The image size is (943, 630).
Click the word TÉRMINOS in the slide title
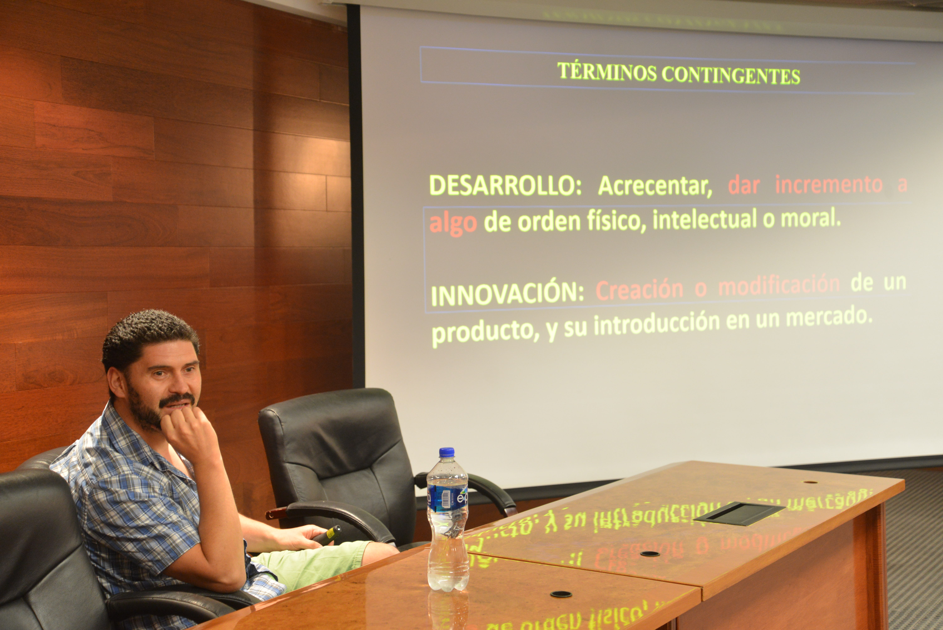pos(606,73)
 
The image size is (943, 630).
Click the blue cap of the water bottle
pos(446,452)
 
